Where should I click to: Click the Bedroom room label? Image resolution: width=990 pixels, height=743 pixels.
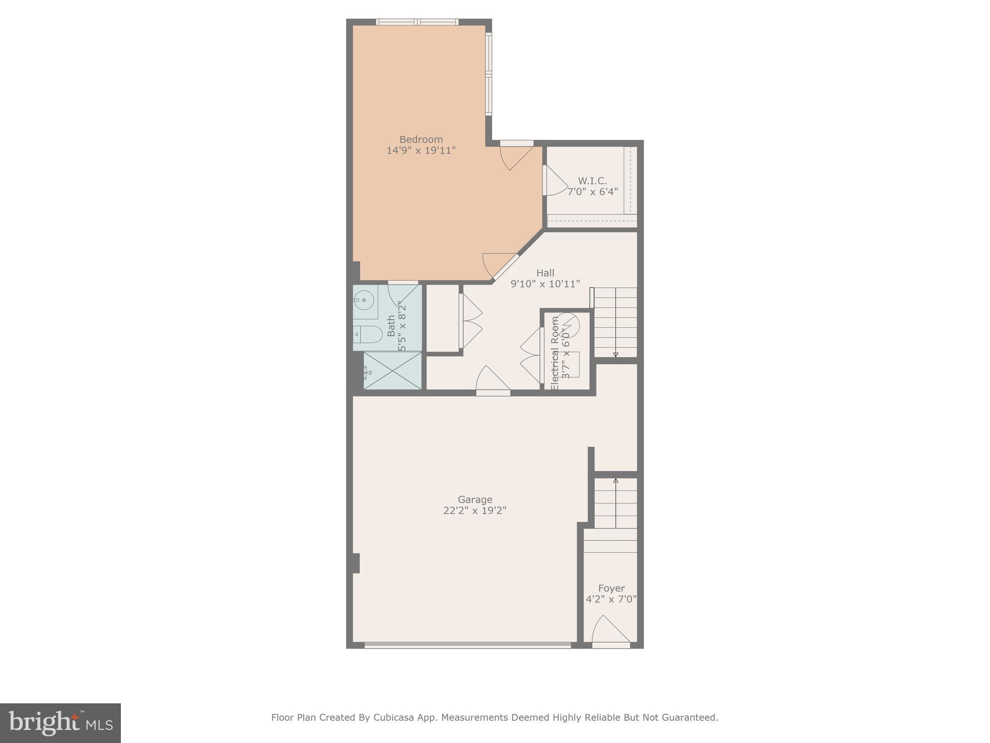pos(421,140)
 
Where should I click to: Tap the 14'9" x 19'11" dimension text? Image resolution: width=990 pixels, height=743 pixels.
pos(421,150)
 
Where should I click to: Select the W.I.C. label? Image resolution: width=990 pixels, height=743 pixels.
pos(592,181)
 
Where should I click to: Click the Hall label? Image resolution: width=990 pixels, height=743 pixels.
pos(545,273)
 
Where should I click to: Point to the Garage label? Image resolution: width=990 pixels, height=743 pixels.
pos(475,500)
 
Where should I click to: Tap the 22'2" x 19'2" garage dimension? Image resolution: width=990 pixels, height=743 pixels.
pos(475,510)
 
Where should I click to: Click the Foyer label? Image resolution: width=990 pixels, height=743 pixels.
pos(611,589)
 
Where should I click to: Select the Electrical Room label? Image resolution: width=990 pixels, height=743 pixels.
pos(555,353)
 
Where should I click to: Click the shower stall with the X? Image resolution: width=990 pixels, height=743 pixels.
pos(392,371)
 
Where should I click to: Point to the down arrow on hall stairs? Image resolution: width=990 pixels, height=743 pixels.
pos(615,355)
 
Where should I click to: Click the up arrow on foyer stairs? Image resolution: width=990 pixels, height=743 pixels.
pos(615,481)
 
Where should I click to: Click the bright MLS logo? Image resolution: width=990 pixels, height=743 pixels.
pos(60,723)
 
